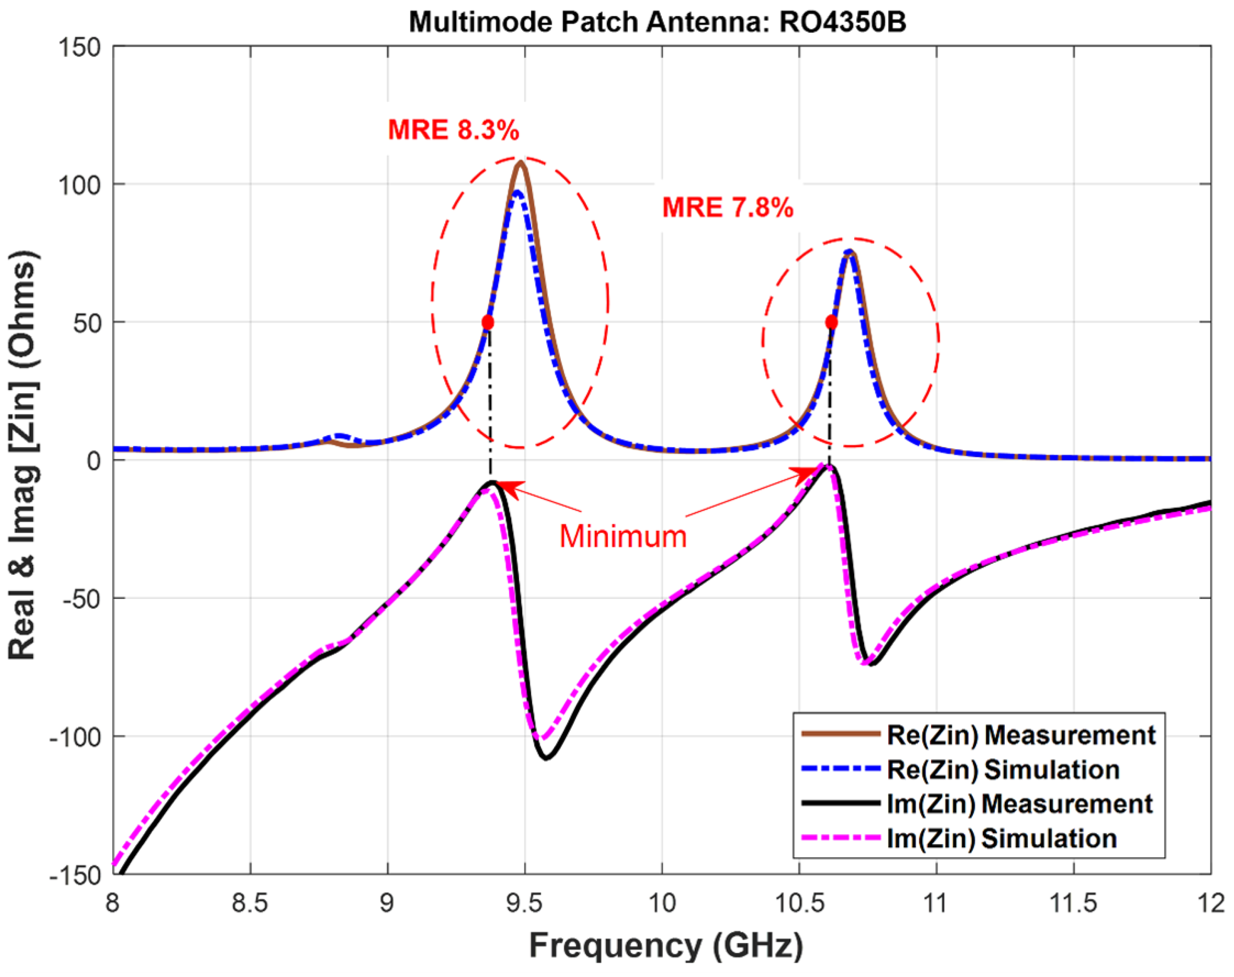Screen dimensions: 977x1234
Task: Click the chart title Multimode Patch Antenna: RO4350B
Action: [657, 23]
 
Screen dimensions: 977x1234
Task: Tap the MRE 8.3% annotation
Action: [454, 130]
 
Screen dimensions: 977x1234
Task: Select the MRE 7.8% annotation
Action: [727, 207]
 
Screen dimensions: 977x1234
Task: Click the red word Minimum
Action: [623, 537]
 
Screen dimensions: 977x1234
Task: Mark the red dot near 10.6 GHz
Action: [831, 322]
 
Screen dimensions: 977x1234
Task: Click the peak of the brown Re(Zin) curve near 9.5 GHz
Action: [520, 164]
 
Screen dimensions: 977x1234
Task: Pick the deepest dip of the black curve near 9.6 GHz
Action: [547, 758]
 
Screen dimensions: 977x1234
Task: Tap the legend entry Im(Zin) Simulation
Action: [1001, 839]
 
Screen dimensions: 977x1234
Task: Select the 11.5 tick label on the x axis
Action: [1073, 904]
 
